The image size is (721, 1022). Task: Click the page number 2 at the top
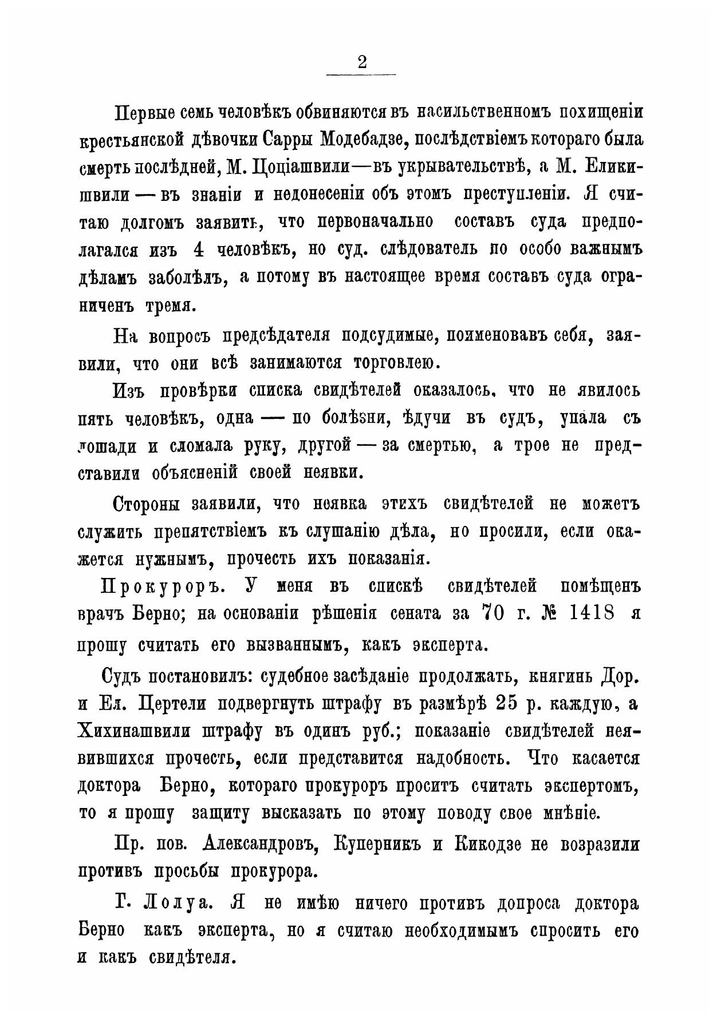(x=361, y=61)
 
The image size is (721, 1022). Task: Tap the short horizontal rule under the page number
(x=361, y=75)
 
